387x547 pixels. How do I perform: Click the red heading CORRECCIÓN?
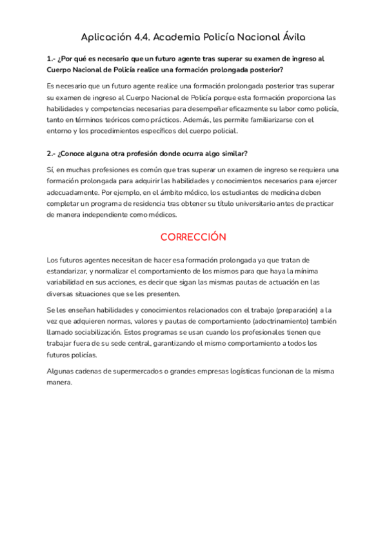[x=193, y=237]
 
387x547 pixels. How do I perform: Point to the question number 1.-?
[x=52, y=59]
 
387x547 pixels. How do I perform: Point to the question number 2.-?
[x=52, y=154]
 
